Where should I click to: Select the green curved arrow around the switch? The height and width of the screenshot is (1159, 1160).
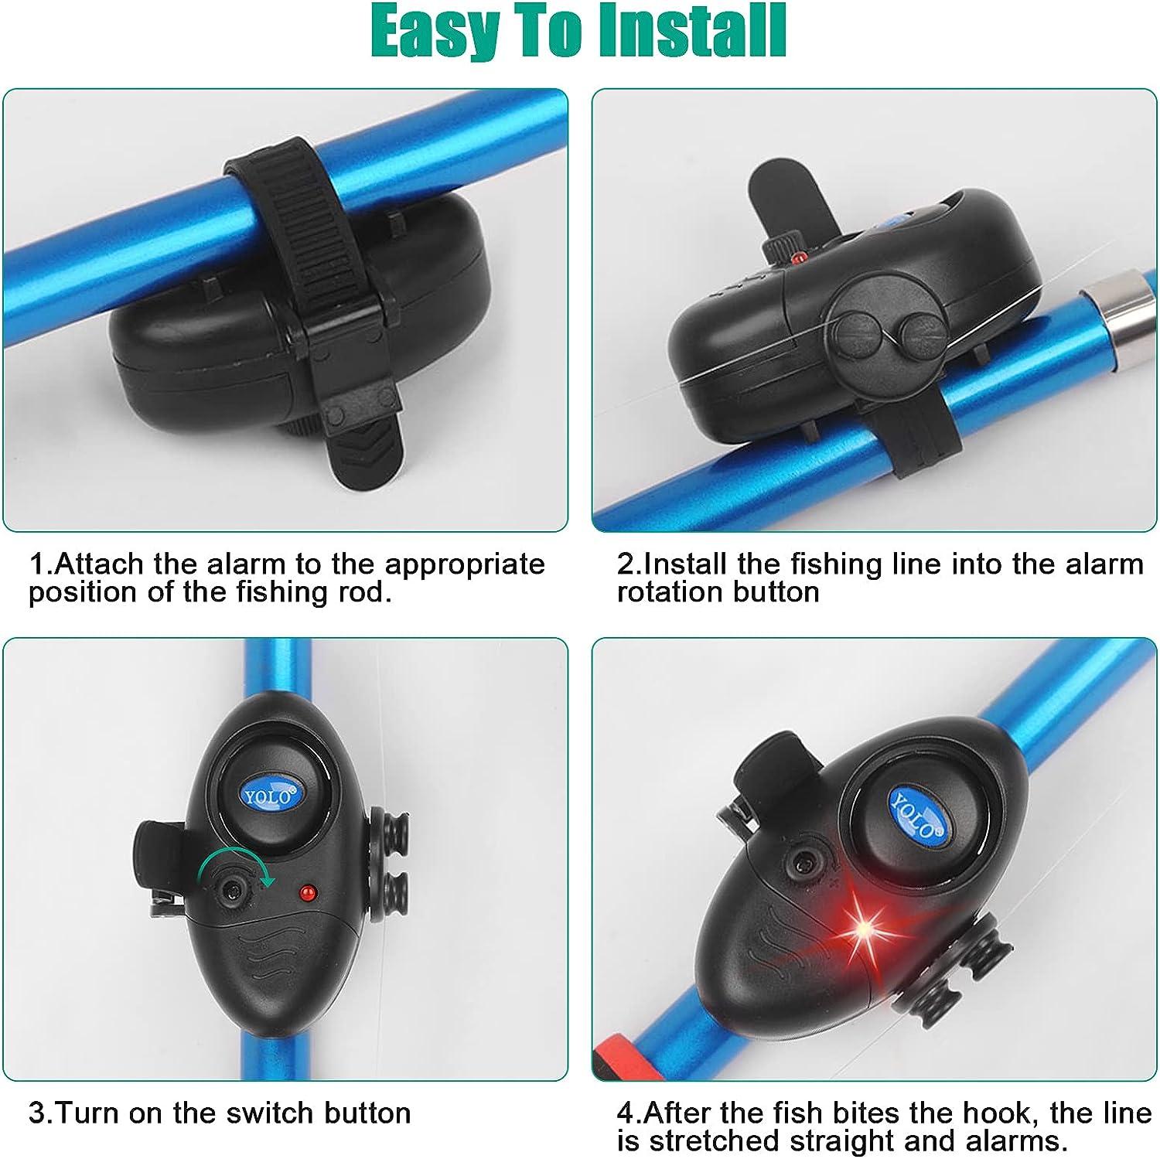coord(237,862)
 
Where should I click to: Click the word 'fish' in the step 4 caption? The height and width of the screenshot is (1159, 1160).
coord(807,1113)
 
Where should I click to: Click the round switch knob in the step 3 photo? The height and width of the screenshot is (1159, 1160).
coord(230,890)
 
